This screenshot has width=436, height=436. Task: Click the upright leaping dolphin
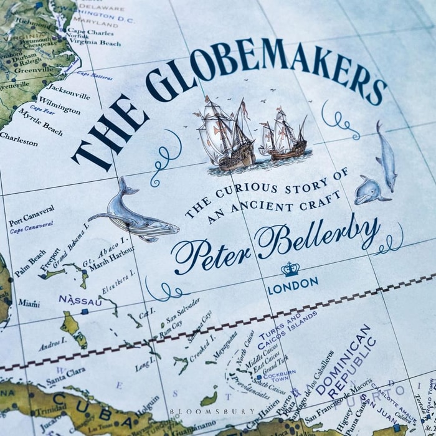click(x=386, y=156)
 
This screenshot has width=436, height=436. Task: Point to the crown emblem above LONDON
click(x=290, y=269)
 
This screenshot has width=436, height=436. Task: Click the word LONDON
click(x=293, y=285)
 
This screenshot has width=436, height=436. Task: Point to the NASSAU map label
click(x=80, y=300)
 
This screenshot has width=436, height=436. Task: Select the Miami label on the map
click(x=29, y=303)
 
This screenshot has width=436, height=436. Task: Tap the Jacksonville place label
click(x=68, y=91)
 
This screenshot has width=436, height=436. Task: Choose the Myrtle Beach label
click(x=40, y=122)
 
